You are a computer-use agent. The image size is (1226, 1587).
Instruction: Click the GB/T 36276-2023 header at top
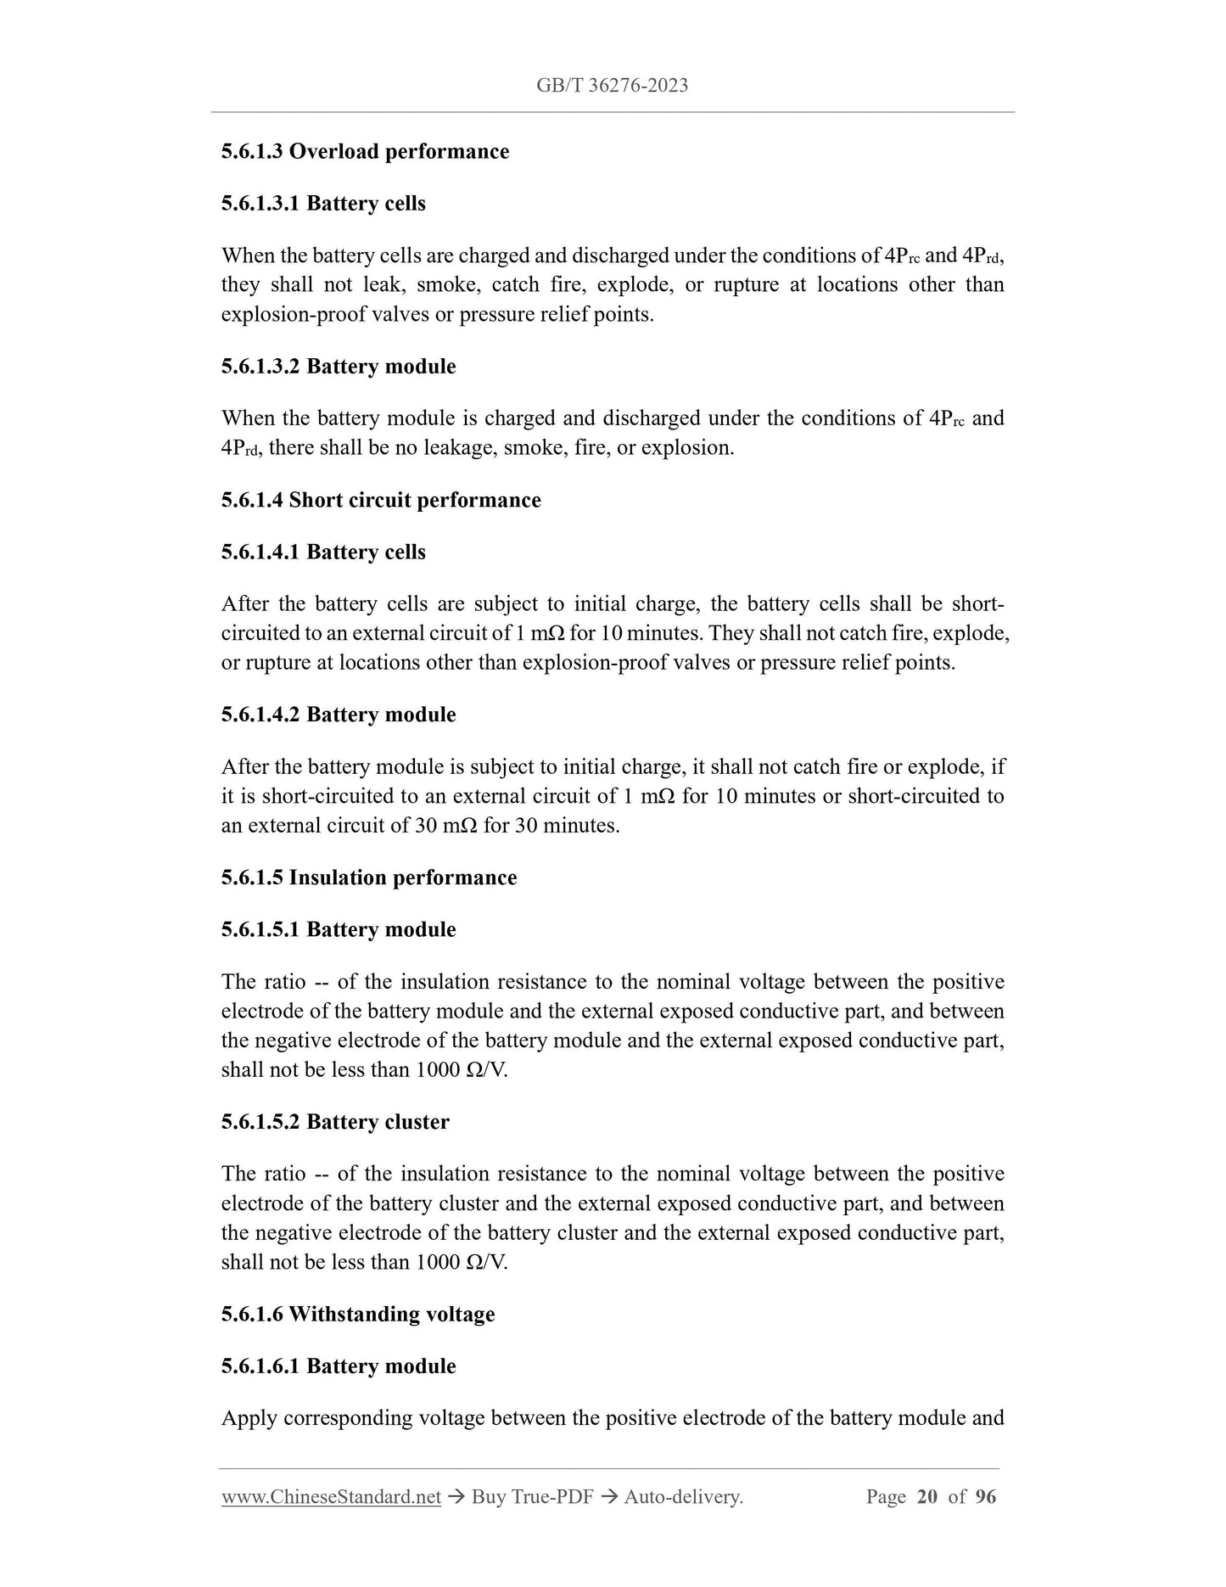[612, 85]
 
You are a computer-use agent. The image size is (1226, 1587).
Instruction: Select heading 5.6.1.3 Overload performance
[365, 152]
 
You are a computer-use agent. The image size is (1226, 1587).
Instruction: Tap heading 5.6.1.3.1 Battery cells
[323, 204]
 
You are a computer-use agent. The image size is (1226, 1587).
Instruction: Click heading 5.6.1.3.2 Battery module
[339, 367]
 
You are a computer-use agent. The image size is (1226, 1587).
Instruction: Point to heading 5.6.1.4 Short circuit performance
[381, 500]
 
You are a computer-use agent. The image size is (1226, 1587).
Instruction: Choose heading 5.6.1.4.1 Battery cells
[323, 552]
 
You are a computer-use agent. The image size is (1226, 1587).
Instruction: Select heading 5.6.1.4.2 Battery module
[339, 715]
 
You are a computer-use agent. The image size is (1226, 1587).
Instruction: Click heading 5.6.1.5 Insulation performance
[369, 878]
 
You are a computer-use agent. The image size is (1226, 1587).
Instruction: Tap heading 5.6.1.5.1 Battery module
[339, 930]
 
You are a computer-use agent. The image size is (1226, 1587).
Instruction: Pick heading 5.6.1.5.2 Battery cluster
[335, 1122]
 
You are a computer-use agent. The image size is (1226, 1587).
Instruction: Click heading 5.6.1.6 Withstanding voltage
[358, 1315]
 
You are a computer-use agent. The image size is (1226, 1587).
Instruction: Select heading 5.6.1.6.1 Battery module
[339, 1366]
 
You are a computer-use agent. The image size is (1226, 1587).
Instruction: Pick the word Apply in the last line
[249, 1418]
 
